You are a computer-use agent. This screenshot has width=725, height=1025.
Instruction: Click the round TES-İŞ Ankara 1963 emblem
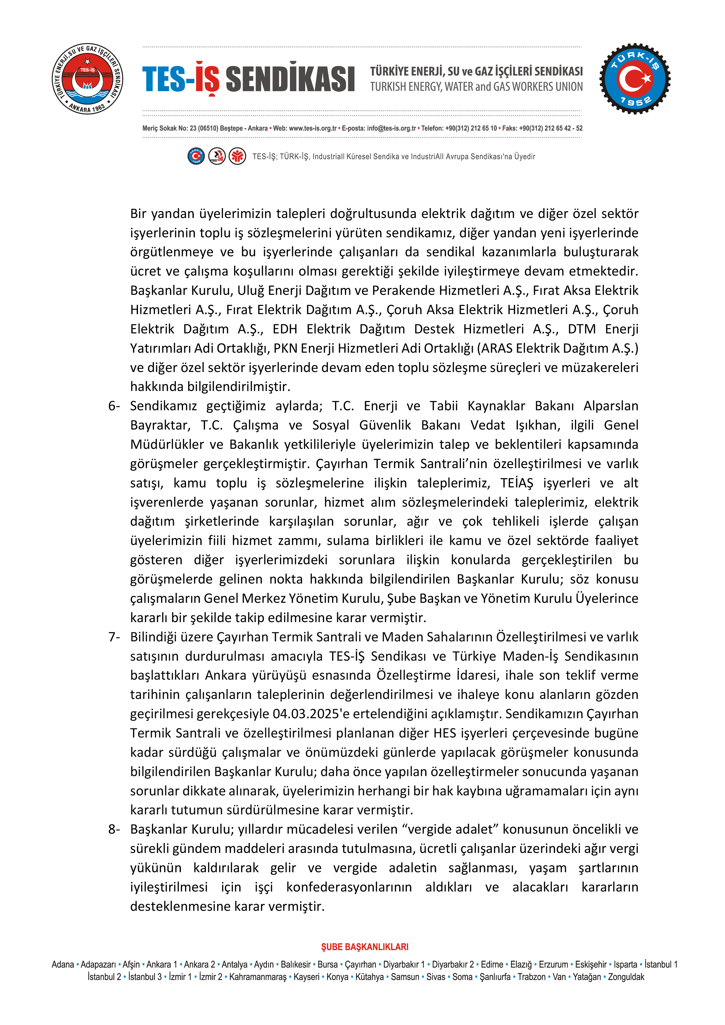(x=87, y=79)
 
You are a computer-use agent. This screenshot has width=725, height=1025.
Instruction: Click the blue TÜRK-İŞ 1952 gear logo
(x=635, y=79)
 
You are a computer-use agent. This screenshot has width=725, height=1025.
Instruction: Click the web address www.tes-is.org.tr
(x=313, y=128)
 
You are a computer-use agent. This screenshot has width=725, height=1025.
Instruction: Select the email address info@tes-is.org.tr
(x=391, y=128)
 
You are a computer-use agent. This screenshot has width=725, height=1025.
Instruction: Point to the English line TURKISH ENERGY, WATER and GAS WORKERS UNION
(x=476, y=86)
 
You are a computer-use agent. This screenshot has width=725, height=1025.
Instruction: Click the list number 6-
(x=114, y=406)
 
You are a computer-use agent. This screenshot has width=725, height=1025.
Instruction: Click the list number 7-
(x=114, y=637)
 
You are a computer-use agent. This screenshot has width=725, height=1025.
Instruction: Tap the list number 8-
(x=114, y=829)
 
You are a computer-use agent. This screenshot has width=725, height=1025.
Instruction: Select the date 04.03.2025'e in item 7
(x=311, y=714)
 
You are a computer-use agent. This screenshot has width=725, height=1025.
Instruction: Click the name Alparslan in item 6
(x=611, y=406)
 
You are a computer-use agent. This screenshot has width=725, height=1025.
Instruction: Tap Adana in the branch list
(x=63, y=964)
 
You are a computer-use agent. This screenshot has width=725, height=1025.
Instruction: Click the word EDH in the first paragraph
(x=284, y=329)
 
